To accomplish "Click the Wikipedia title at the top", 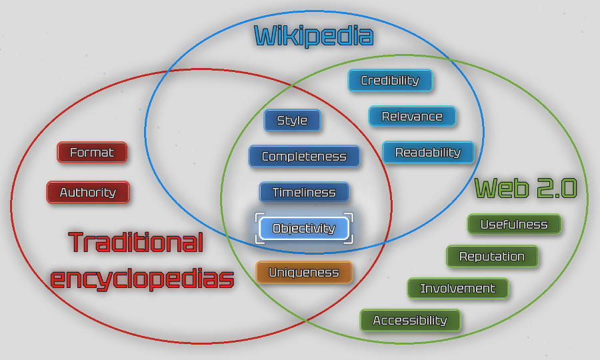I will [x=313, y=35].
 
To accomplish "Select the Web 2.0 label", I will [x=525, y=189].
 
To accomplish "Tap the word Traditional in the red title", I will [x=135, y=242].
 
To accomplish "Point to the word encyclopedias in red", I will [x=142, y=278].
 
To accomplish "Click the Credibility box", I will [x=390, y=81].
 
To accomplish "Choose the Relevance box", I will [x=412, y=117].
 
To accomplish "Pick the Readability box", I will [x=428, y=153].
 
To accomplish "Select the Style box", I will [x=292, y=121].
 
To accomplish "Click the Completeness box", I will [x=304, y=157].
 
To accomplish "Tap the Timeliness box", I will [x=304, y=193].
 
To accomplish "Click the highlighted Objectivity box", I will [x=304, y=229].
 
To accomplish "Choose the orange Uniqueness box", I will [x=304, y=272].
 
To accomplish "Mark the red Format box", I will [x=92, y=153].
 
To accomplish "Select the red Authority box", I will [x=88, y=193].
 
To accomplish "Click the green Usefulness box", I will [x=514, y=225].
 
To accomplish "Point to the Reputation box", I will [x=492, y=257].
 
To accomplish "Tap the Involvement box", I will [x=458, y=289].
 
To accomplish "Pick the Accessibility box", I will [x=410, y=321].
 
